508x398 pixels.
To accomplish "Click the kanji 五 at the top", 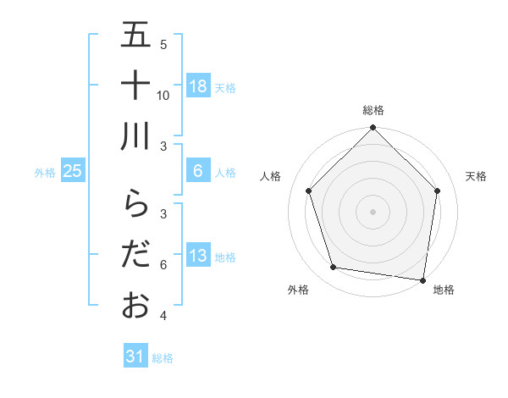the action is coord(135,36).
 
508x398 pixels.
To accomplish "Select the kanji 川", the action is coord(135,135).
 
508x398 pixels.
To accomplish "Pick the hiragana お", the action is coord(135,305).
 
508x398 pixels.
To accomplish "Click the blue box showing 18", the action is coord(197,86).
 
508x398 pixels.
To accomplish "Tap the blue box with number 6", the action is coord(197,171).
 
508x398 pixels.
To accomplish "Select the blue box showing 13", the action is coord(197,256).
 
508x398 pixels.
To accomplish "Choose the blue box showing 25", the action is coord(73,171).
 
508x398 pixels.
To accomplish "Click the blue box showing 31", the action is coord(135,357).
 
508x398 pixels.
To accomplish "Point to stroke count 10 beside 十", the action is coord(163,95).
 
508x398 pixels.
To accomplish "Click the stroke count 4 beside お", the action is coord(163,317).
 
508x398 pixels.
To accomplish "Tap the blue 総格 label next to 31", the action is coord(163,358).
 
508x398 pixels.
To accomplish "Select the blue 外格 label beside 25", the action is coord(45,172).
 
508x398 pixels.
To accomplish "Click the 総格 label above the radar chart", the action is coord(373,110).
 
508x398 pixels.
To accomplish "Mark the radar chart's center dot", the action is coord(373,212).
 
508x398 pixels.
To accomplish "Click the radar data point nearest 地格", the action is coord(422,279).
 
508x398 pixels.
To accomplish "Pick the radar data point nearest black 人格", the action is coord(309,191).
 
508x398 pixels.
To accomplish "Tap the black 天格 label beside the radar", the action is coord(477,176).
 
